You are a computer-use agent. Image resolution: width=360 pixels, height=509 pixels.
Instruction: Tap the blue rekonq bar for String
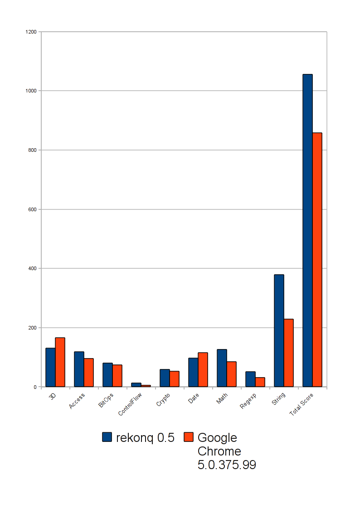tap(279, 330)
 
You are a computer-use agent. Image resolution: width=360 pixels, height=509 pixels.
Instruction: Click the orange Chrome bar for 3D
tap(60, 362)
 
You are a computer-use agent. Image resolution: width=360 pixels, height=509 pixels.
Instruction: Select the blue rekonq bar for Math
tap(222, 368)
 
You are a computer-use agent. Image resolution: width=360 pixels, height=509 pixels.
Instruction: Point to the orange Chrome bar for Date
tap(203, 369)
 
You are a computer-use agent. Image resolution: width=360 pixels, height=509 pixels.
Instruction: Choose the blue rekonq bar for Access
tap(79, 369)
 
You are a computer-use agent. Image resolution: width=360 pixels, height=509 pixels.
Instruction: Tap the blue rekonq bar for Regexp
tap(250, 379)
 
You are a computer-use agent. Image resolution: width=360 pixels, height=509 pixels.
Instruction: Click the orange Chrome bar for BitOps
tap(117, 376)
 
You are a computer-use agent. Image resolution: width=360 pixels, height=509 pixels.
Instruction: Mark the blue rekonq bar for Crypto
tap(165, 378)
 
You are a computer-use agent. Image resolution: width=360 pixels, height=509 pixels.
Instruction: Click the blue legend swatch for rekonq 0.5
tap(107, 437)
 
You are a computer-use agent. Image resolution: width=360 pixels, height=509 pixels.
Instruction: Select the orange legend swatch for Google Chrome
tap(189, 437)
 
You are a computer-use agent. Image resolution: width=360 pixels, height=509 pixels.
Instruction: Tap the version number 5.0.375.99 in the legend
tap(227, 465)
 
